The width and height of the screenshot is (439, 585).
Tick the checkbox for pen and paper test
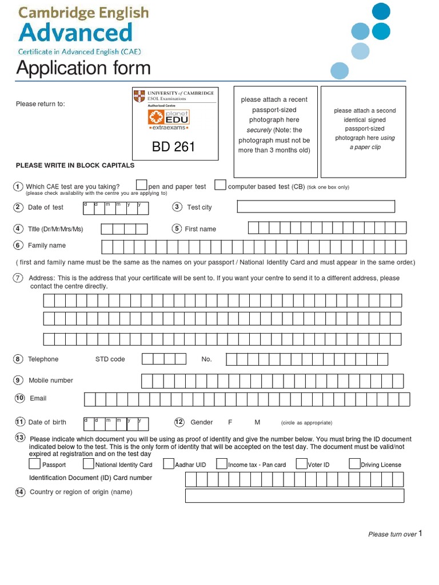click(x=141, y=185)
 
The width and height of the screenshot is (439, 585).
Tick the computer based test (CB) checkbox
click(x=220, y=185)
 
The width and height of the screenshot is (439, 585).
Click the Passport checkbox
click(x=35, y=463)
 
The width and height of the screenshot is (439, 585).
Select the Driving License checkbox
click(x=354, y=463)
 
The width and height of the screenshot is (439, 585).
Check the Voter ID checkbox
click(x=301, y=463)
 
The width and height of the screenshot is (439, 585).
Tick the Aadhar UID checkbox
click(x=169, y=463)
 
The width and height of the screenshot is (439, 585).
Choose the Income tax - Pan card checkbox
click(x=222, y=463)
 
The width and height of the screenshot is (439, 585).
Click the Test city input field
click(x=316, y=206)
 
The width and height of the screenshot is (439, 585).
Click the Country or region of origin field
click(x=294, y=495)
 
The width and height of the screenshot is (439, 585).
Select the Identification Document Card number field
click(x=294, y=478)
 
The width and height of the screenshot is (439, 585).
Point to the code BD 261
click(x=173, y=147)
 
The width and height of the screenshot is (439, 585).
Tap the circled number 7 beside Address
click(x=18, y=278)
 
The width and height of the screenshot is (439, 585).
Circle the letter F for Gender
click(x=230, y=422)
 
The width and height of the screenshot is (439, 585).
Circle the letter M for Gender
click(x=257, y=422)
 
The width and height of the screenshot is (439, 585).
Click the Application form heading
click(x=83, y=68)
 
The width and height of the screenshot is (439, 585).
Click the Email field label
click(x=38, y=398)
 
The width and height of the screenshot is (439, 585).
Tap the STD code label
click(x=110, y=359)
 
